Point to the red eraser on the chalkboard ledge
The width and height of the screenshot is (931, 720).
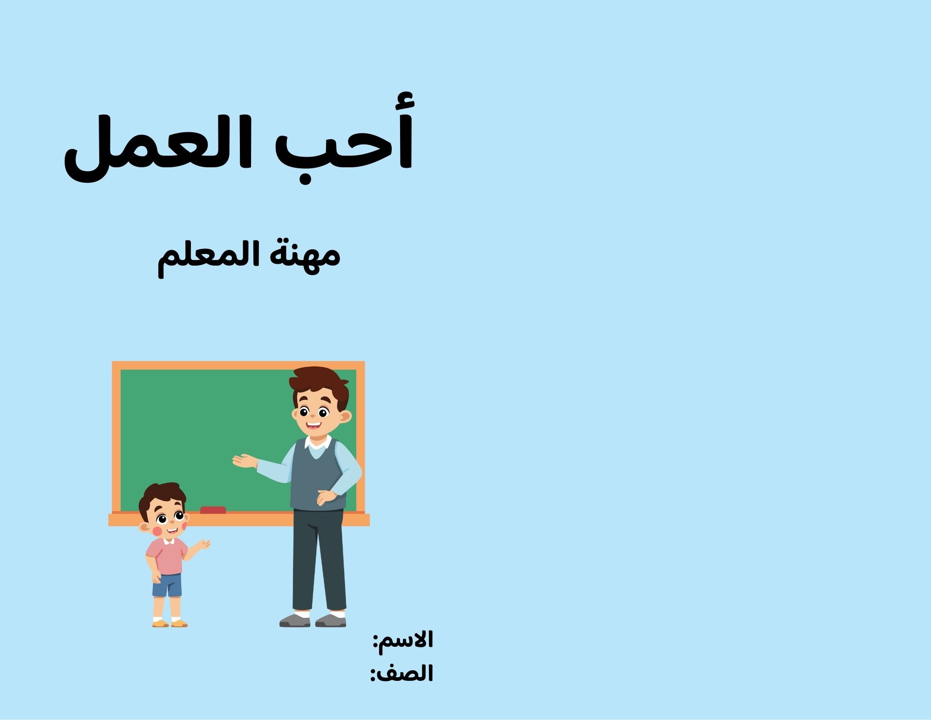point(213,510)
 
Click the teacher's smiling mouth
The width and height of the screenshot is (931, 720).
point(313,426)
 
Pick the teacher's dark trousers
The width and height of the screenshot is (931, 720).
point(319,559)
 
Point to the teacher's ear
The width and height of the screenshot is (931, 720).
point(345,416)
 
